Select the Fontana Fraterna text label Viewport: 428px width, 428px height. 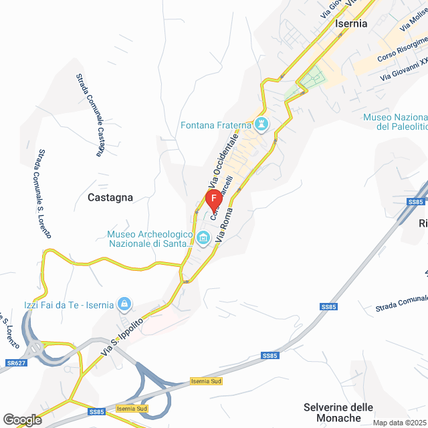click(216, 125)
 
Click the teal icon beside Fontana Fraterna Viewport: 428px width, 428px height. click(261, 124)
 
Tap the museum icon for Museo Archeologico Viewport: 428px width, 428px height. click(203, 237)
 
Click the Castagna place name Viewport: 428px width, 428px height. click(110, 197)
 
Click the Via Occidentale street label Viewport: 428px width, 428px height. click(224, 161)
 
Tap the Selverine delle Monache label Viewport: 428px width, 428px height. click(338, 413)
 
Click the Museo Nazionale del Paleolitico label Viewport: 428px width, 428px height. click(395, 122)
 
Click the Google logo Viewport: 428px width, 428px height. click(21, 420)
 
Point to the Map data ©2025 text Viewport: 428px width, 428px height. click(399, 423)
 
